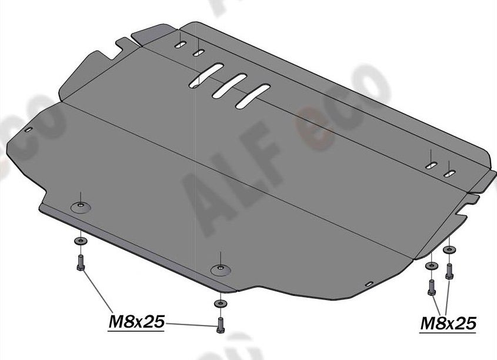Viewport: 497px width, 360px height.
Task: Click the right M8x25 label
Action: [x=448, y=323]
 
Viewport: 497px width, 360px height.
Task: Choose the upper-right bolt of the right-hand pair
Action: [x=449, y=270]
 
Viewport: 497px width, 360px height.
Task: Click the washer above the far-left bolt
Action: [x=79, y=242]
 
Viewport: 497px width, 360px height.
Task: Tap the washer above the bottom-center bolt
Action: [x=219, y=303]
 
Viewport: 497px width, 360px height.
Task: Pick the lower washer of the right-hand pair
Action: [x=432, y=266]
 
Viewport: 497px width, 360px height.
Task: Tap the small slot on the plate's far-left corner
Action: [x=29, y=130]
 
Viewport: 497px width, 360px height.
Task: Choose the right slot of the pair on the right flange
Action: [x=451, y=173]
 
